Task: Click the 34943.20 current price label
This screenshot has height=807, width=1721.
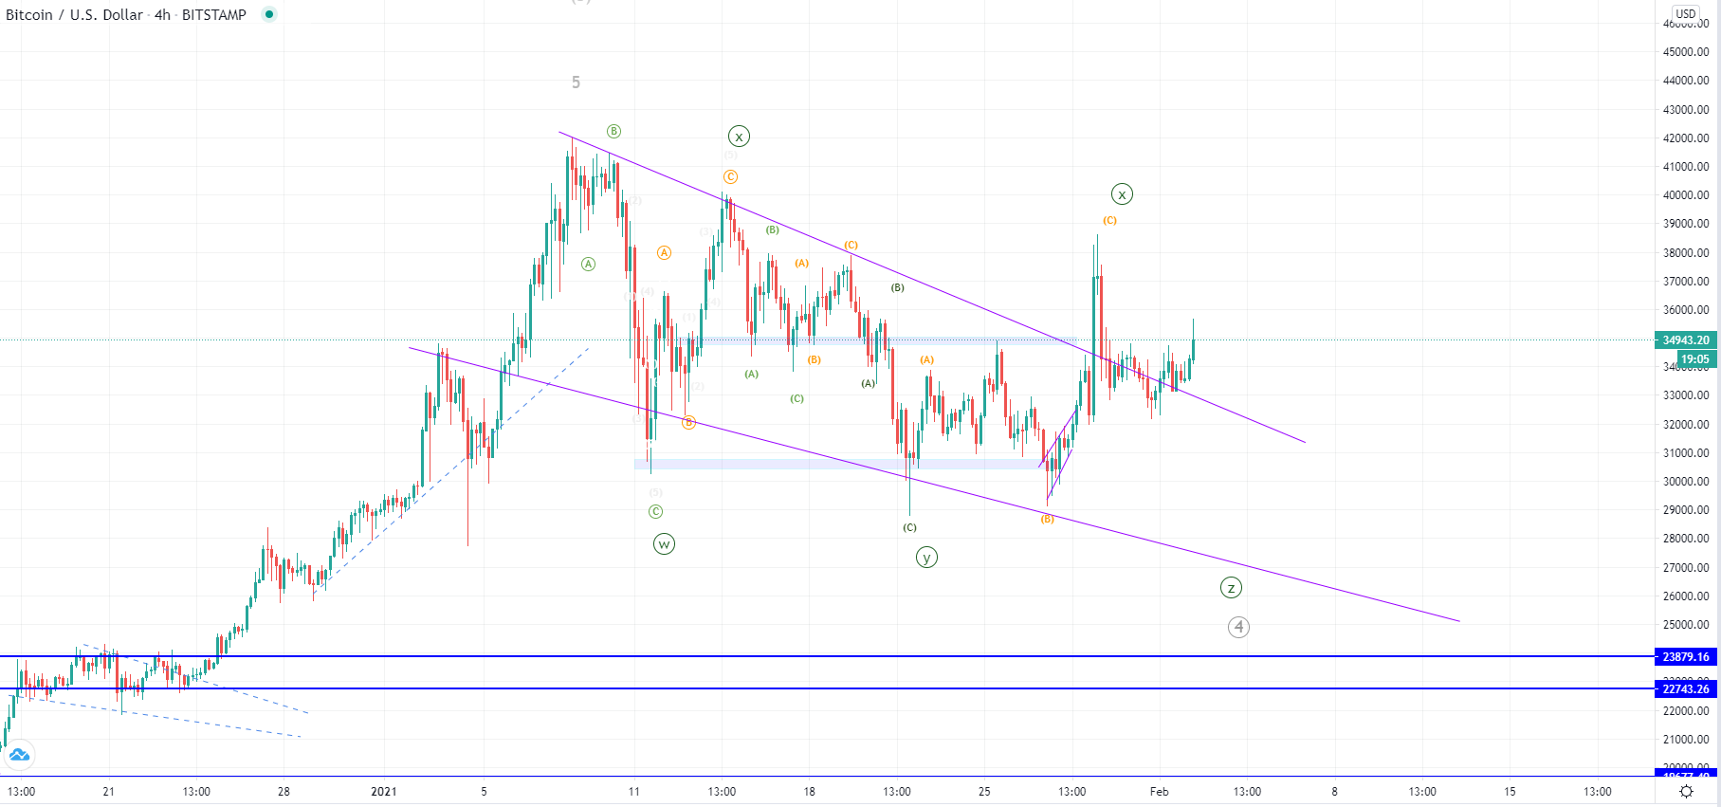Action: pyautogui.click(x=1685, y=339)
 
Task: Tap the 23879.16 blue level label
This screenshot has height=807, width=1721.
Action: pyautogui.click(x=1685, y=656)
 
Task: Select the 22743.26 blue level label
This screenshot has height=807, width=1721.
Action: pyautogui.click(x=1685, y=689)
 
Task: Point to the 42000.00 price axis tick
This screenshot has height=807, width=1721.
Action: pyautogui.click(x=1685, y=138)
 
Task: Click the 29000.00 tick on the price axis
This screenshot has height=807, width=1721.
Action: pyautogui.click(x=1685, y=510)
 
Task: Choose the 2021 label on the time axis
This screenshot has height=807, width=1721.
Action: pyautogui.click(x=384, y=791)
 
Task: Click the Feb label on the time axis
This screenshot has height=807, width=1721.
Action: pyautogui.click(x=1159, y=791)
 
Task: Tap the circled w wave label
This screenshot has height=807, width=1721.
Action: pyautogui.click(x=664, y=544)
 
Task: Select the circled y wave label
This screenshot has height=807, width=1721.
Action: pyautogui.click(x=926, y=558)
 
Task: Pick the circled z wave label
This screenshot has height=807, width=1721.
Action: pyautogui.click(x=1231, y=588)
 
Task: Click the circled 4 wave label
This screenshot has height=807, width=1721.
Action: pyautogui.click(x=1238, y=627)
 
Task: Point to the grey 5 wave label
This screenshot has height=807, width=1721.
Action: pyautogui.click(x=576, y=83)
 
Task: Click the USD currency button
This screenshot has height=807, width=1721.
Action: pyautogui.click(x=1685, y=13)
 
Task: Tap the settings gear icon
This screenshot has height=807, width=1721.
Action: pyautogui.click(x=1686, y=791)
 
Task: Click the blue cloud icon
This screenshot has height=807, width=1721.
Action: pyautogui.click(x=19, y=756)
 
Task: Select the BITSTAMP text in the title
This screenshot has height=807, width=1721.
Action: pyautogui.click(x=213, y=15)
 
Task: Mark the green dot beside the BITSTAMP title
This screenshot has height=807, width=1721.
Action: pyautogui.click(x=269, y=14)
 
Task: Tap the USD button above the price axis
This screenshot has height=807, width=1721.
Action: pyautogui.click(x=1685, y=13)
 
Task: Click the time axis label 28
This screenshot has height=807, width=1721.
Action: pyautogui.click(x=284, y=791)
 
